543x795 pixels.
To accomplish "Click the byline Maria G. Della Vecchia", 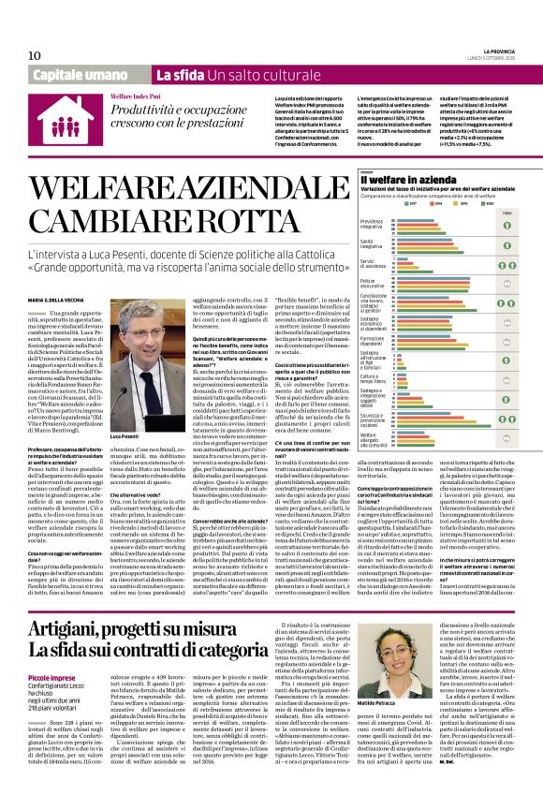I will [61, 272].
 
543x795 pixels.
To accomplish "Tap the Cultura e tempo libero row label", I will [373, 377].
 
